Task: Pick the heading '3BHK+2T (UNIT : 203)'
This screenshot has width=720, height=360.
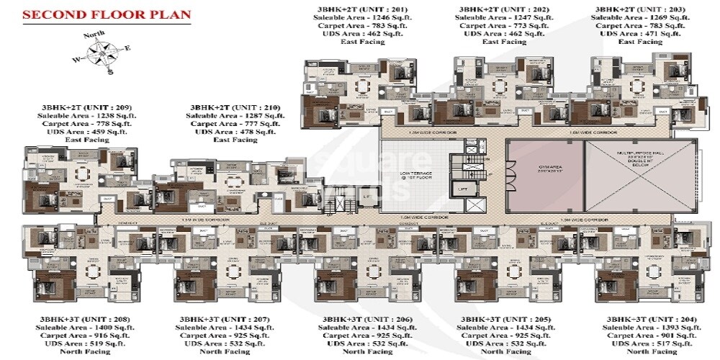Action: tap(629, 9)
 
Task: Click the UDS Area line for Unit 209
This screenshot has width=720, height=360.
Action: tap(70, 132)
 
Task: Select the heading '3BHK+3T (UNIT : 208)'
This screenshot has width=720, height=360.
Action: tap(70, 318)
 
